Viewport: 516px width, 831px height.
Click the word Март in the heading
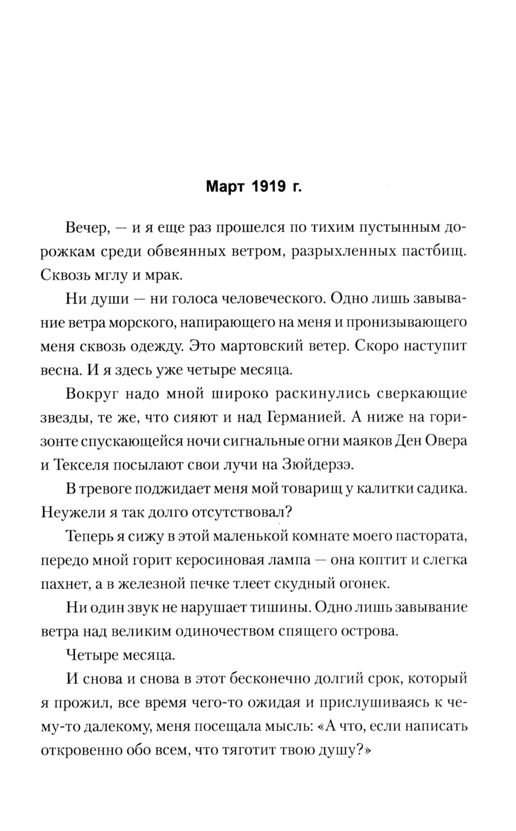(224, 186)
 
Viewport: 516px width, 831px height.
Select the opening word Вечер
(87, 227)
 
